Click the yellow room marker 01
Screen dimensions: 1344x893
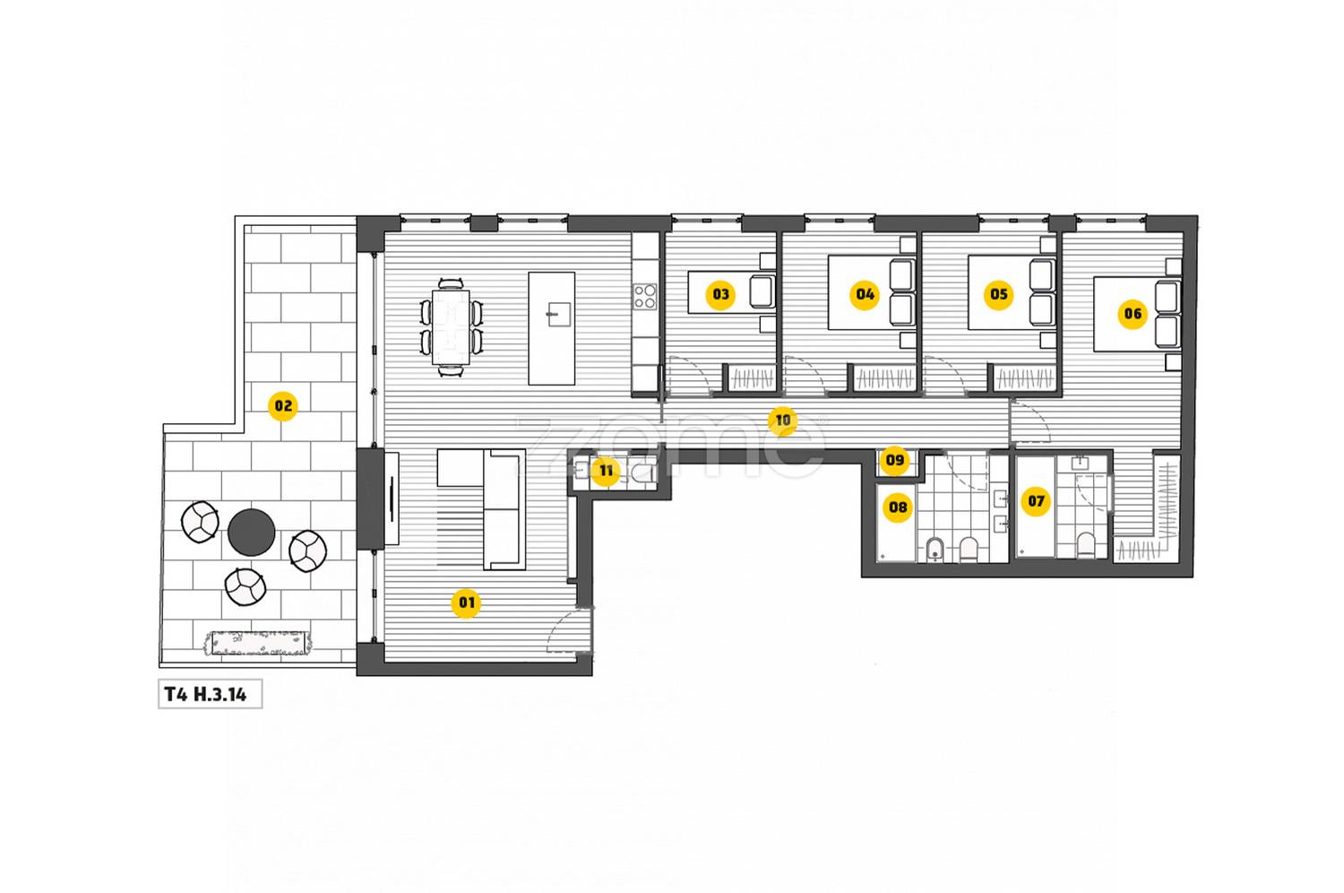(x=466, y=603)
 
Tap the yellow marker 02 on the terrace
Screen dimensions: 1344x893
(x=283, y=406)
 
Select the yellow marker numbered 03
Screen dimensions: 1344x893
(x=720, y=294)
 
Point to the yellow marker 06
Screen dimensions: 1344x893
(x=1133, y=314)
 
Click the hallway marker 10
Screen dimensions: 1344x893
(x=782, y=420)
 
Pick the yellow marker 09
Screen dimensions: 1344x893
(x=894, y=461)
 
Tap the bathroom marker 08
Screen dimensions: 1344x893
(x=898, y=507)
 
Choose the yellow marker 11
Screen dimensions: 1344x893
(x=606, y=471)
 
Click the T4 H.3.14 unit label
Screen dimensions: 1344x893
(x=205, y=695)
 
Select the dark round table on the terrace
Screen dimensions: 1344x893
(x=252, y=533)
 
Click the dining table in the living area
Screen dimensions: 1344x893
(x=451, y=327)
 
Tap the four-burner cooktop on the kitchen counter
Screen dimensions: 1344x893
(x=645, y=297)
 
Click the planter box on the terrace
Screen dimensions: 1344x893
(x=259, y=643)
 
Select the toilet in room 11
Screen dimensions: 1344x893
(x=643, y=473)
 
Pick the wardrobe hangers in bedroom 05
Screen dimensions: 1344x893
(x=1023, y=378)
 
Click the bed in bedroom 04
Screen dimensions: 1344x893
(x=872, y=292)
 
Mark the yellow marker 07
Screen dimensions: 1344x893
(x=1036, y=501)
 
